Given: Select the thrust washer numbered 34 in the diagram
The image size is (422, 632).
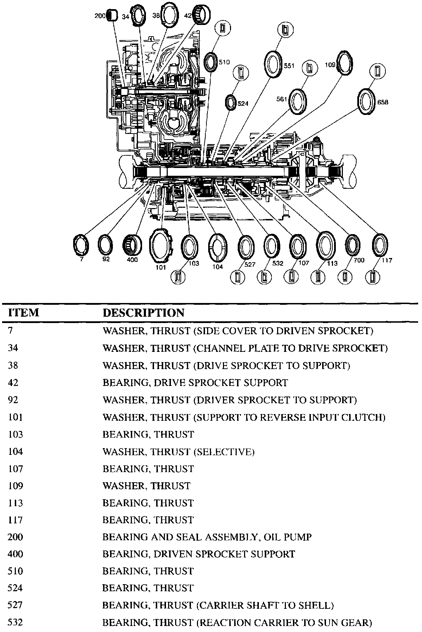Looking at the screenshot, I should (x=140, y=16).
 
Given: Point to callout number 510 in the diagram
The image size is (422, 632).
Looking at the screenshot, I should (x=224, y=62).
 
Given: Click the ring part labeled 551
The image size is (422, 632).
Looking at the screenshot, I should (x=273, y=63).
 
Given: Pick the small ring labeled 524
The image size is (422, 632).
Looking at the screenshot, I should (x=231, y=102).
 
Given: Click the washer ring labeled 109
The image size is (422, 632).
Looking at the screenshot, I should (x=345, y=63).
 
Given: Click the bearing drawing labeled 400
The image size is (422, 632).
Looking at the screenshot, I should (x=132, y=244).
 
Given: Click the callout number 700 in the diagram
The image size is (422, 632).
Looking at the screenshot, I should (x=359, y=260).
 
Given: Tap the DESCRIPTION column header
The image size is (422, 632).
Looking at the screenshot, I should (x=143, y=312).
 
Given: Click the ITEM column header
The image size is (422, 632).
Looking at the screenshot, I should (x=24, y=312).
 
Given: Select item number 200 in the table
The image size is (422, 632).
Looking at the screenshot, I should (x=15, y=537).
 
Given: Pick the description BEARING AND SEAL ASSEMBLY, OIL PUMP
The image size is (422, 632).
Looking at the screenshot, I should (x=207, y=537).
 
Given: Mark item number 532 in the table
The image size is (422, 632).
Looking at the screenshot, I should (x=15, y=623).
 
